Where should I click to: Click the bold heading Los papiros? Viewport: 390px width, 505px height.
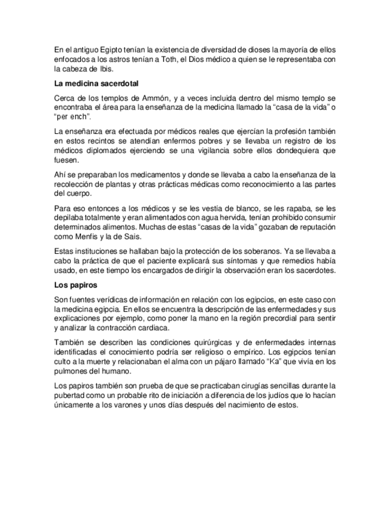[x=71, y=285]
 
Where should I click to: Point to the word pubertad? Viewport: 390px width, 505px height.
[x=70, y=395]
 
